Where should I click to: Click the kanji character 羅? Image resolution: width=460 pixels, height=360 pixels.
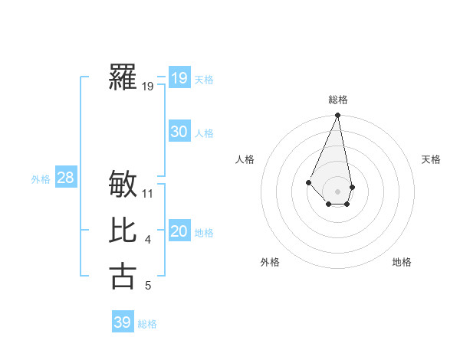click(123, 78)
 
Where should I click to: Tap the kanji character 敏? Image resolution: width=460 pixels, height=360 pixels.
click(123, 185)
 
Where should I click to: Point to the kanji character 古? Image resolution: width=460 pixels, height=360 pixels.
click(123, 276)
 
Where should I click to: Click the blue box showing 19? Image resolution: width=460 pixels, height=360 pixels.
click(179, 78)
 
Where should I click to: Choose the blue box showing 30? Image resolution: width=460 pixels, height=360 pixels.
click(179, 132)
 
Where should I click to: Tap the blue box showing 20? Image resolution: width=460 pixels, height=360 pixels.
click(179, 231)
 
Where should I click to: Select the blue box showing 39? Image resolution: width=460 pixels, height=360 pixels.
click(122, 322)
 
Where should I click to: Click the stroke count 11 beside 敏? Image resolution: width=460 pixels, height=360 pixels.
click(148, 194)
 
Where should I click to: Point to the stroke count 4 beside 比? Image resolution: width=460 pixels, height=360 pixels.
click(148, 240)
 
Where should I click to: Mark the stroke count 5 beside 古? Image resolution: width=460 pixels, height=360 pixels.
click(148, 286)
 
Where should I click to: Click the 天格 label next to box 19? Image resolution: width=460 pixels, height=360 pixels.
click(204, 80)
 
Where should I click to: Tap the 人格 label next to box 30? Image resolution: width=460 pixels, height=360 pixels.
click(204, 133)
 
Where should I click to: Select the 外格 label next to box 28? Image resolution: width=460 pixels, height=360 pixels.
click(41, 180)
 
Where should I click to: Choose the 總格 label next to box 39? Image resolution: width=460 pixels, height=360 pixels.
click(147, 324)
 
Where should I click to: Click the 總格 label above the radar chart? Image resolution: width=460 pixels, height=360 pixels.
click(337, 100)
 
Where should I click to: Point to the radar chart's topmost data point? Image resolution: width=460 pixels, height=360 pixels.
click(337, 116)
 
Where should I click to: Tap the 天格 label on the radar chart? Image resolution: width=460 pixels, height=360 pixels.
click(431, 159)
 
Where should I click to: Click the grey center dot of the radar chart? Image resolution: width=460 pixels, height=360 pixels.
click(337, 191)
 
